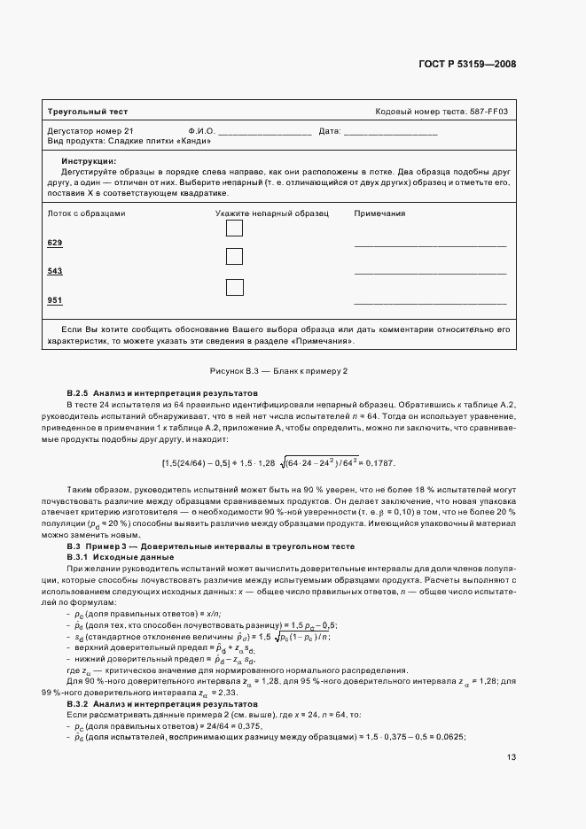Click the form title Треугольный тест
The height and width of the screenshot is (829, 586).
[x=87, y=112]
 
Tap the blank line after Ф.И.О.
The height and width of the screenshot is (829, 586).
[x=264, y=132]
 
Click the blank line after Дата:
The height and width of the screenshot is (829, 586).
[x=390, y=132]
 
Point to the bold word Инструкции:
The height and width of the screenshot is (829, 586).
[x=88, y=160]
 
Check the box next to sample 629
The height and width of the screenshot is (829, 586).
[x=234, y=229]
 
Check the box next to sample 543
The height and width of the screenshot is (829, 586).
[x=234, y=257]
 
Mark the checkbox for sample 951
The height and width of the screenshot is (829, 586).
[x=234, y=286]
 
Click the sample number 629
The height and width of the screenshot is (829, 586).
[x=54, y=243]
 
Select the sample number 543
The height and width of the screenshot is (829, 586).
[x=54, y=271]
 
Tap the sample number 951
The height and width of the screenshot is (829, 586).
[x=54, y=301]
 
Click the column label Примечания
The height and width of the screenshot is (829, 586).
[x=379, y=213]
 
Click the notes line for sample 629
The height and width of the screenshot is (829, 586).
[x=430, y=244]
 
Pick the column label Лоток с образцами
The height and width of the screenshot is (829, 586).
[x=86, y=213]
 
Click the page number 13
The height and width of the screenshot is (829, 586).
[x=512, y=757]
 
